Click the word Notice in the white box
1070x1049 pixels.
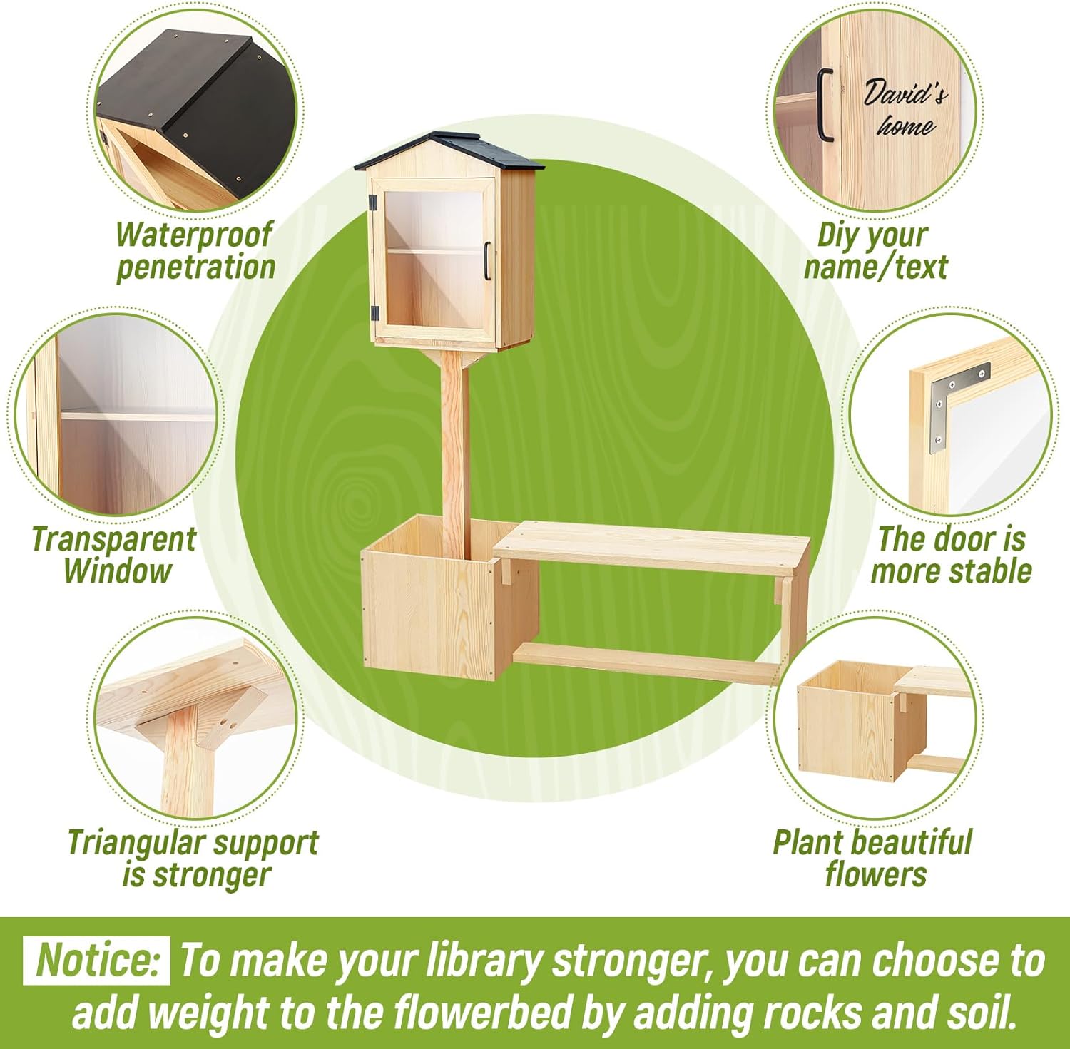[96, 960]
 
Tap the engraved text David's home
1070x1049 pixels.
[905, 109]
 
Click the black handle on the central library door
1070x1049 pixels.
[487, 261]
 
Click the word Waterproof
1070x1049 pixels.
[194, 235]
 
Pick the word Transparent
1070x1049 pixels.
[113, 539]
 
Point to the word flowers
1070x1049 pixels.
[875, 874]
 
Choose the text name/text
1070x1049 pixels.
[875, 267]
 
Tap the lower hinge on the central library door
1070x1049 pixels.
[374, 312]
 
